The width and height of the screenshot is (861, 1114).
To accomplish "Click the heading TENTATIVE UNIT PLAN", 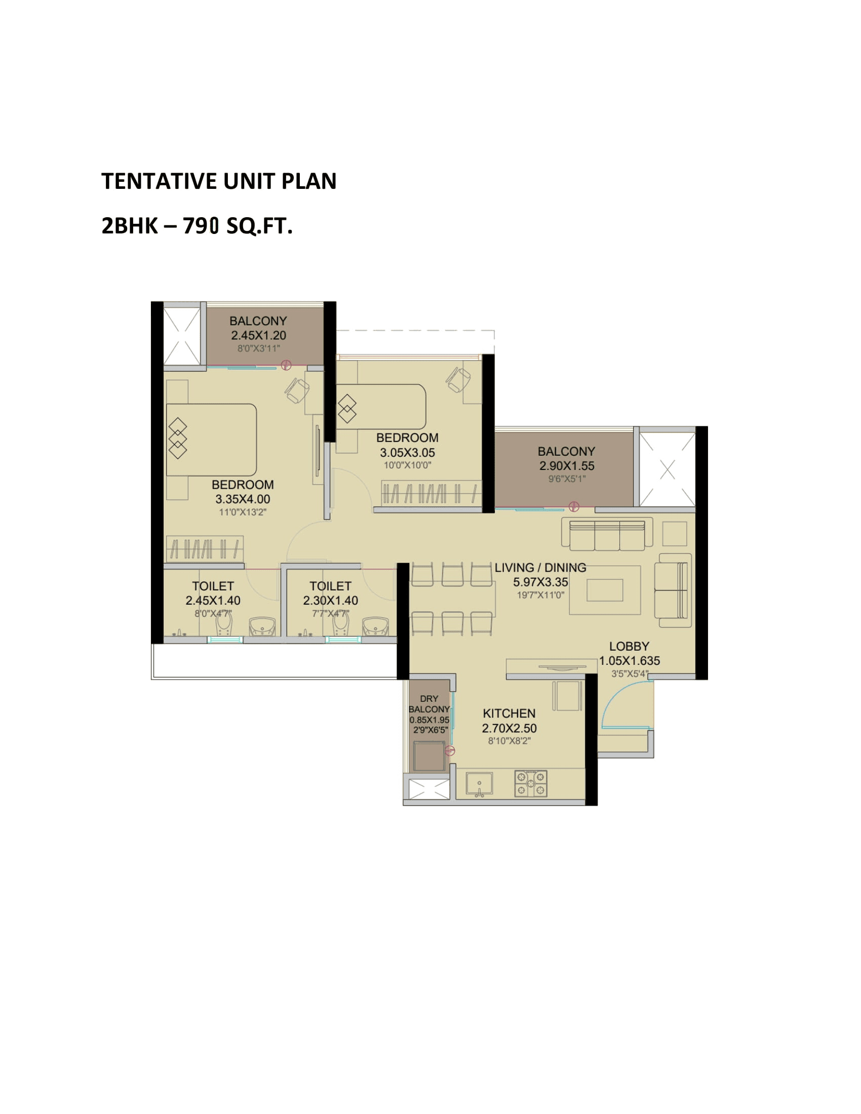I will click(219, 181).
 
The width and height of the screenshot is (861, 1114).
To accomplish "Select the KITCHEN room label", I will click(509, 713).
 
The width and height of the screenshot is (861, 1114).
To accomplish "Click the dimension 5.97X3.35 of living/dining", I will click(540, 582).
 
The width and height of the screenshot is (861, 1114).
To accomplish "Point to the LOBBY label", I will click(629, 646).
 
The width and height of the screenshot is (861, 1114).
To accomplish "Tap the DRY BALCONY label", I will click(429, 704).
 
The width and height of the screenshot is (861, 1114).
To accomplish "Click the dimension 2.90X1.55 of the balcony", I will click(567, 466).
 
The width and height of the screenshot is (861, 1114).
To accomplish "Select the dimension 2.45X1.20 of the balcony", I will click(259, 335).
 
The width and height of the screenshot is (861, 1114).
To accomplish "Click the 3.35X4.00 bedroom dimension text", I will click(242, 499).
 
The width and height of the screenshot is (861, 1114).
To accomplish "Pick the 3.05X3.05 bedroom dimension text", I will click(407, 452).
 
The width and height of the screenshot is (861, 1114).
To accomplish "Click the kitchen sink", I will click(479, 784).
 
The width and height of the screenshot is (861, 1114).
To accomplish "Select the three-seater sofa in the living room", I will click(607, 535).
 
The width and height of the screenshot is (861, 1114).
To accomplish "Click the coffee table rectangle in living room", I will click(604, 590).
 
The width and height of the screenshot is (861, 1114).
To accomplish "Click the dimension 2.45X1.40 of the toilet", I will click(213, 601).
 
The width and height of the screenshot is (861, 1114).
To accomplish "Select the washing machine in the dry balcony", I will click(429, 757).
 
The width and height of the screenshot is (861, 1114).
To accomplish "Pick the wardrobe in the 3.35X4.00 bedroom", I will click(205, 549).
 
